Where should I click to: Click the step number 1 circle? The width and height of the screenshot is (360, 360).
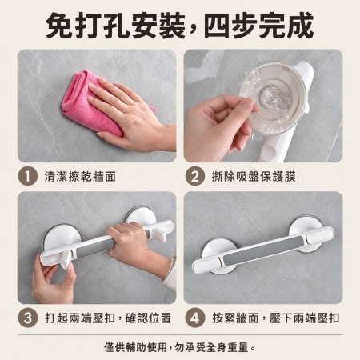(27, 176)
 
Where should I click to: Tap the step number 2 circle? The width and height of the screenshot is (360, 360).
(195, 176)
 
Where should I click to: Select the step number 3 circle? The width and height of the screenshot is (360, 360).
(27, 318)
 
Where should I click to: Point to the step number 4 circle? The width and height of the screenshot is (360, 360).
(195, 318)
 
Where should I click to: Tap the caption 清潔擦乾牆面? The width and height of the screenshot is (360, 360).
(80, 176)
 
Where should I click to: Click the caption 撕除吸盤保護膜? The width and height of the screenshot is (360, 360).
(254, 176)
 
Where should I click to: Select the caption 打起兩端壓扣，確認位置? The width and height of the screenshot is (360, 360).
(108, 318)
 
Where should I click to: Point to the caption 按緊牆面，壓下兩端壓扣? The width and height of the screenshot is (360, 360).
(276, 318)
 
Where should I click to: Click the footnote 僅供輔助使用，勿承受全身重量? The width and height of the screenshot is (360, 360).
(180, 347)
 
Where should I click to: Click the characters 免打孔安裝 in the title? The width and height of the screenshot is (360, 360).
(115, 26)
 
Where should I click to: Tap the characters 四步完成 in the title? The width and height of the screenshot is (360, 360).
(259, 26)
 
